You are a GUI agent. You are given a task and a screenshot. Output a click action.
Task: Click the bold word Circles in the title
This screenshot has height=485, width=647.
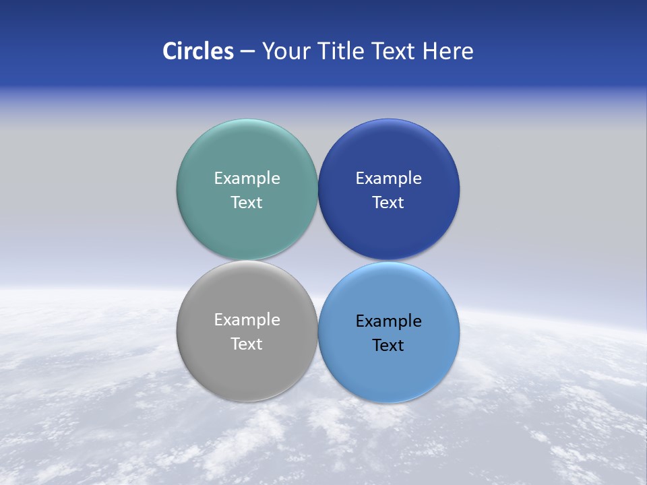(198, 51)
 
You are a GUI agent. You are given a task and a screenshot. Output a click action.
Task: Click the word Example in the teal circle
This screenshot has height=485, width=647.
(247, 179)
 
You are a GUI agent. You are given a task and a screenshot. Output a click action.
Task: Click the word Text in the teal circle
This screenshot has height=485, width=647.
(247, 203)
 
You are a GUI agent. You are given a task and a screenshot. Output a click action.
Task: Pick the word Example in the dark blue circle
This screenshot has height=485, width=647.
(388, 179)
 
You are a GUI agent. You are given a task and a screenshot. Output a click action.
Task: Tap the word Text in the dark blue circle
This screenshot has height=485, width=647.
(388, 203)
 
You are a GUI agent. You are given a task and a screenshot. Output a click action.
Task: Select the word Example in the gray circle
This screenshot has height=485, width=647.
(247, 320)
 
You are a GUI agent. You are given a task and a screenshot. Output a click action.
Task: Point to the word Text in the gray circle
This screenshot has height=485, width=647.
(247, 344)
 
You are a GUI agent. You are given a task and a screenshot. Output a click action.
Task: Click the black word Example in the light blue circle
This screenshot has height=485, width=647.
(388, 321)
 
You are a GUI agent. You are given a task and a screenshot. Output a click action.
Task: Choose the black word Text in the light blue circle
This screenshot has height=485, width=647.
(388, 346)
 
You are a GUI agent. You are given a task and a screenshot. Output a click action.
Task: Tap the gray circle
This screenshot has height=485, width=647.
(247, 370)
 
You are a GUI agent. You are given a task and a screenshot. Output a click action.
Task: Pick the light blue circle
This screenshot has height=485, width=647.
(388, 374)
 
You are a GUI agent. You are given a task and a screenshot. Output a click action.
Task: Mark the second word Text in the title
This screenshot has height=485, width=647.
(394, 51)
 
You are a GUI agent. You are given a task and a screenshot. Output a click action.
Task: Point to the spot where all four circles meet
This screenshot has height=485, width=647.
(317, 261)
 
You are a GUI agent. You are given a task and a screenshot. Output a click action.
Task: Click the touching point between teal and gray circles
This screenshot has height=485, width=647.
(247, 261)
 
